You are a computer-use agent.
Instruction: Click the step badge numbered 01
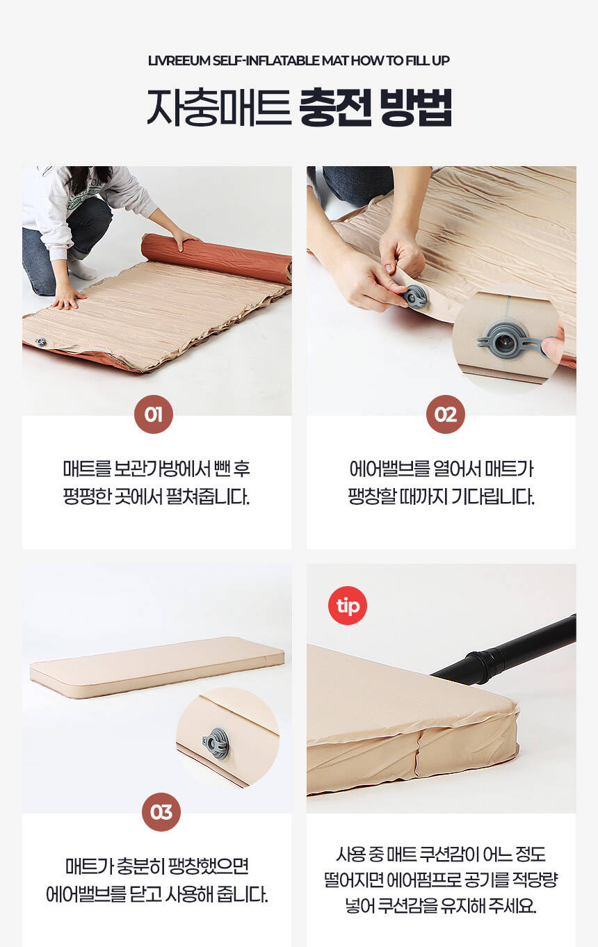[x=154, y=414]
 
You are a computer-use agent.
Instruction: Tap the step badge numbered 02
[x=446, y=414]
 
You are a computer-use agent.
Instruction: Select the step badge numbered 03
[x=161, y=812]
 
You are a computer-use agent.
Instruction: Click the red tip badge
[x=348, y=606]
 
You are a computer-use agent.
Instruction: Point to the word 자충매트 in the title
[x=218, y=107]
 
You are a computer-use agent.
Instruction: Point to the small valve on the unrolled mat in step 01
[x=40, y=341]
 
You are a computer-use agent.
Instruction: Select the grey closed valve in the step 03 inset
[x=216, y=744]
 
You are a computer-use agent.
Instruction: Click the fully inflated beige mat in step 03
[x=156, y=666]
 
